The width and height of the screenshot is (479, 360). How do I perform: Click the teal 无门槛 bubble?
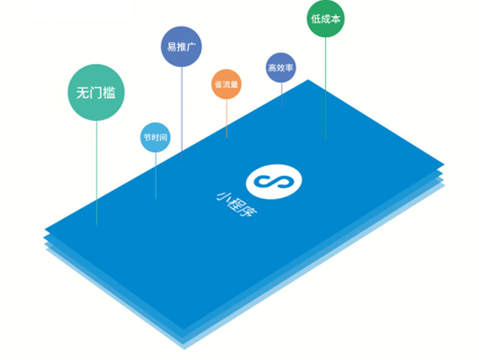coord(96,92)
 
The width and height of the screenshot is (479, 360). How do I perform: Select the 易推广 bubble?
coord(182,46)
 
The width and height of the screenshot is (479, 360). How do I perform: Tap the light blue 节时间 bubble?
coord(155,138)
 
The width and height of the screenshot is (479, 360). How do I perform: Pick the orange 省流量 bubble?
coord(226,84)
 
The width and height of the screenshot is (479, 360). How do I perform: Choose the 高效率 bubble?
coord(281,68)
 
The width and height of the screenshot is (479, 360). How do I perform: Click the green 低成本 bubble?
coord(326,19)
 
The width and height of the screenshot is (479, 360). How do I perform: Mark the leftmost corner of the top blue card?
coord(46,230)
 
